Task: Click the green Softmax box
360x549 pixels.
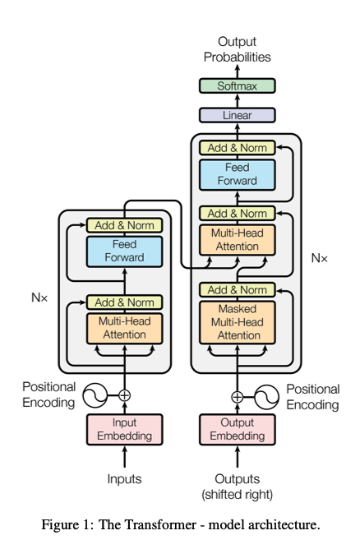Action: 237,85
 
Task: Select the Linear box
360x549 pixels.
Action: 237,116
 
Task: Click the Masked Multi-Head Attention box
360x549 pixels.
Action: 237,321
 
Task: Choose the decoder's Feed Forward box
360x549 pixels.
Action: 237,174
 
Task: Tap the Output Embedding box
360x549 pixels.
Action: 237,429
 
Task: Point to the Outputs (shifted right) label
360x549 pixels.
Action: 237,486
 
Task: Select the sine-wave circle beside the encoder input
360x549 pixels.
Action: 95,395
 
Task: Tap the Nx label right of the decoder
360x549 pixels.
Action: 319,257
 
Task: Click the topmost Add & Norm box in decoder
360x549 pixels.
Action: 237,148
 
